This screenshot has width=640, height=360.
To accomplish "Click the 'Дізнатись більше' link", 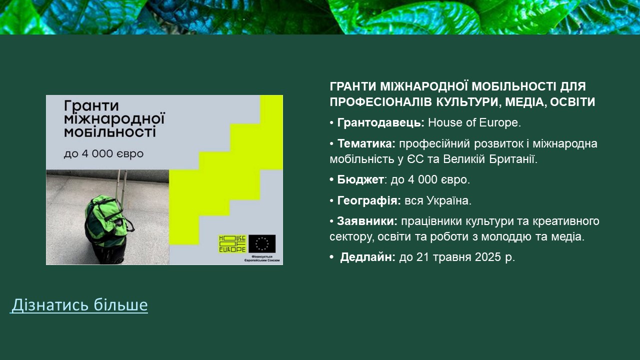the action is pyautogui.click(x=79, y=304).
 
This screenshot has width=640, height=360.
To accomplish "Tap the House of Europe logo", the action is pyautogui.click(x=232, y=243).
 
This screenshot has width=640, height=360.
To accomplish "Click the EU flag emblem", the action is pyautogui.click(x=262, y=243).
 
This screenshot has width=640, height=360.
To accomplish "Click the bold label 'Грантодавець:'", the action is pyautogui.click(x=381, y=122).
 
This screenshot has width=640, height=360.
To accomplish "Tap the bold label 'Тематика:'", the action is pyautogui.click(x=366, y=143).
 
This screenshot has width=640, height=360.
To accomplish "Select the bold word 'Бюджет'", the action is pyautogui.click(x=360, y=179).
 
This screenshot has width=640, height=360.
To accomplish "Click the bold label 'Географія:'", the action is pyautogui.click(x=369, y=200).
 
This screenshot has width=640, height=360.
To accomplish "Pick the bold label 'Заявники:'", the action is pyautogui.click(x=367, y=221).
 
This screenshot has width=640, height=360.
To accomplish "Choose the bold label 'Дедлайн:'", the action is pyautogui.click(x=367, y=257).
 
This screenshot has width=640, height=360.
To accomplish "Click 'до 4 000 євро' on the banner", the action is pyautogui.click(x=103, y=154).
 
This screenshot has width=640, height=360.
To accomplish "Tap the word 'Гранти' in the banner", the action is pyautogui.click(x=91, y=106).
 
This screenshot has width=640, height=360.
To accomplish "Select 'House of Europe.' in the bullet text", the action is pyautogui.click(x=474, y=122).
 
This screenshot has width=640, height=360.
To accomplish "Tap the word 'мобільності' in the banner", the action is pyautogui.click(x=110, y=132).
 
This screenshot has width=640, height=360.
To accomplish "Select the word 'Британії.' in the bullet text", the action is pyautogui.click(x=513, y=159).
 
